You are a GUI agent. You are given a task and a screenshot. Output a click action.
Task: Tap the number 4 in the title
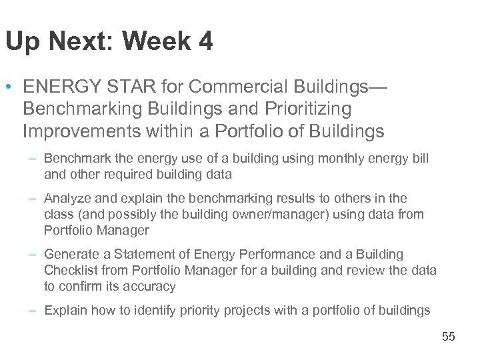tap(205, 42)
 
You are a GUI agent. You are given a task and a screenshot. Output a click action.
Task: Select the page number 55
tap(448, 337)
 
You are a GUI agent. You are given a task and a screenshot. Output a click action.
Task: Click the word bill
tap(420, 159)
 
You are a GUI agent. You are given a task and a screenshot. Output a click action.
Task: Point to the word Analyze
tap(64, 199)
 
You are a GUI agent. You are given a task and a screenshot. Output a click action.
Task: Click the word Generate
tap(69, 255)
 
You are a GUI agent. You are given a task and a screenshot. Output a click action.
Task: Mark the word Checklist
tap(69, 271)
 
